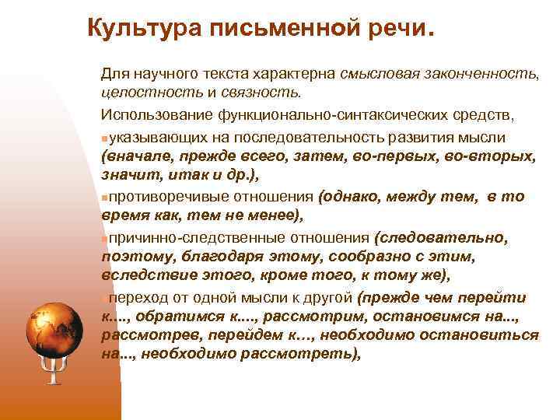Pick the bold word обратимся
click(183, 317)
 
